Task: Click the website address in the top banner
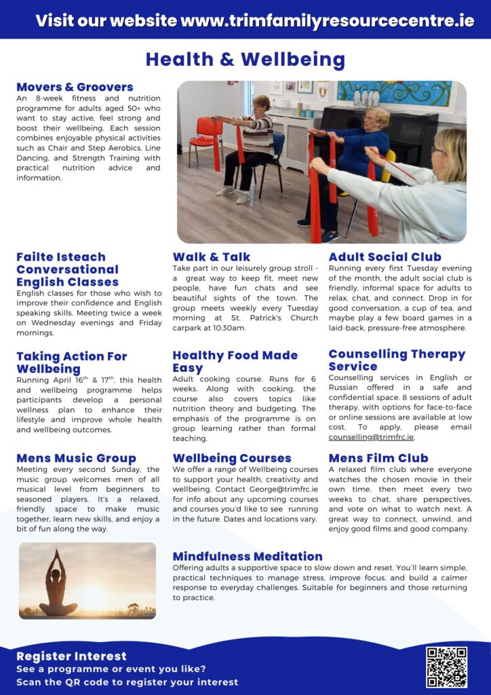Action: click(328, 20)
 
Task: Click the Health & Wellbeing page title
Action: click(245, 60)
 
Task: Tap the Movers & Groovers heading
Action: click(75, 87)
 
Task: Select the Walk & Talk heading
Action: click(212, 257)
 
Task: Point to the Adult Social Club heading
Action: click(385, 257)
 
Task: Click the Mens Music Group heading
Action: click(76, 458)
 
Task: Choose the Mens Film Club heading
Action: click(378, 458)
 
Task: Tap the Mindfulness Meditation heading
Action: click(248, 557)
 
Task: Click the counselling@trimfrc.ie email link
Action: click(371, 437)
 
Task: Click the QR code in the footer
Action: click(446, 667)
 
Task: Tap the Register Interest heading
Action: click(71, 656)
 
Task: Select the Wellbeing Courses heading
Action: click(232, 458)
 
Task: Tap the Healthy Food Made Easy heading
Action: click(235, 361)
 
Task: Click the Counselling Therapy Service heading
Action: click(397, 360)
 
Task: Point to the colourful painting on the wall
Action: click(394, 93)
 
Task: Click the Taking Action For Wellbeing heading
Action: click(71, 362)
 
